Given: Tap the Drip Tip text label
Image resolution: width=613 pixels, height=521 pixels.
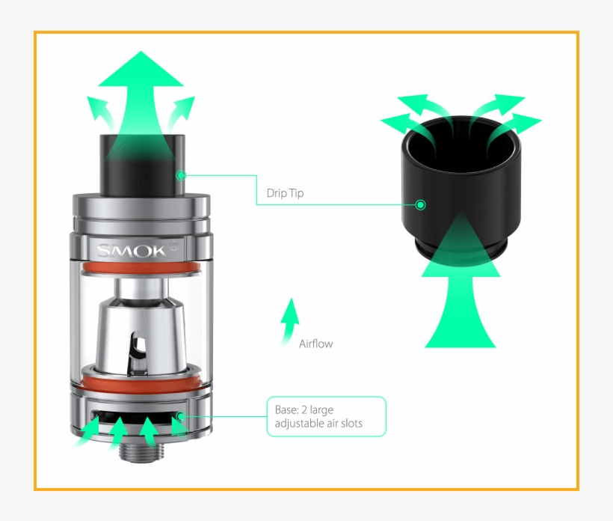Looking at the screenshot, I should pos(285,193).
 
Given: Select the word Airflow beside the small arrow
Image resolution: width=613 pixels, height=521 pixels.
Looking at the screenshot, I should pos(315,344).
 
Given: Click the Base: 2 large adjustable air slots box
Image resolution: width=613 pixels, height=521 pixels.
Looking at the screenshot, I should pos(326,417).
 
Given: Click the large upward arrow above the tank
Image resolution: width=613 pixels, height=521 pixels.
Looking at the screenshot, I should pos(141,90).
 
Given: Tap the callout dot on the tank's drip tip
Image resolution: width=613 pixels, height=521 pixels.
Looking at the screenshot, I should pos(180,175).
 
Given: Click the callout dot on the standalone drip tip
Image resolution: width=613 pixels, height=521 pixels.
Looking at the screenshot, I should pos(421,204).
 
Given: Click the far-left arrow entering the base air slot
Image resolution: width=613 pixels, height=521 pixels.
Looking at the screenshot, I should pos(87,431).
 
